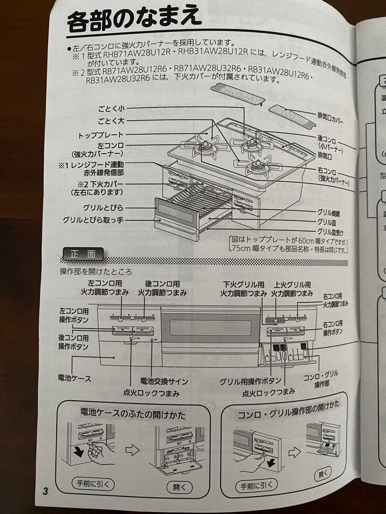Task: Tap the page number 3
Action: (45, 491)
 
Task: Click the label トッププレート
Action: (101, 135)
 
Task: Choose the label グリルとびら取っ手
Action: (93, 220)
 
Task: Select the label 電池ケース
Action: (74, 378)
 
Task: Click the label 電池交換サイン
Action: (164, 381)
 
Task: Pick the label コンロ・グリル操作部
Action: (321, 379)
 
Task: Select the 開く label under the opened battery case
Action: (180, 487)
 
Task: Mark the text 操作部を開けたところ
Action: (96, 272)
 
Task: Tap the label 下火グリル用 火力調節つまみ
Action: (243, 289)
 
